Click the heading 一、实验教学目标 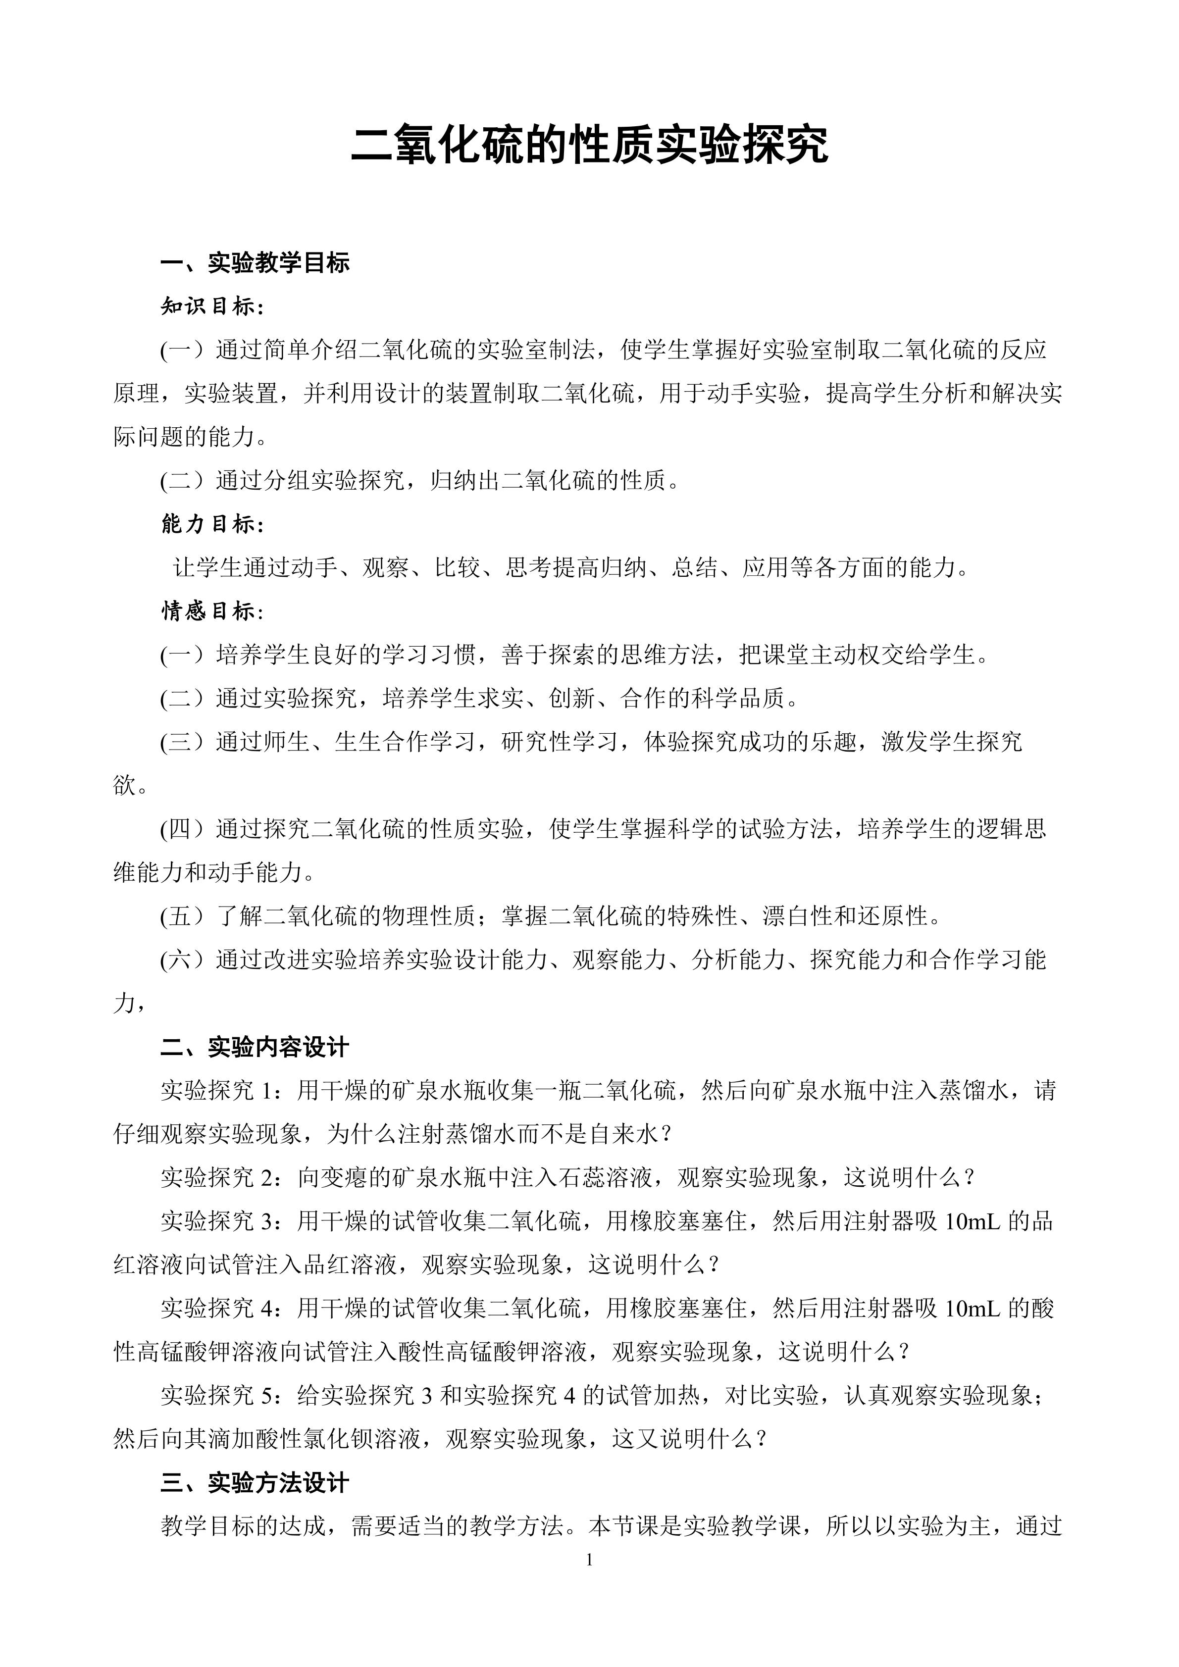tap(255, 263)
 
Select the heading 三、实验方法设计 tap(255, 1483)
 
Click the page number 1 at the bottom tap(589, 1560)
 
